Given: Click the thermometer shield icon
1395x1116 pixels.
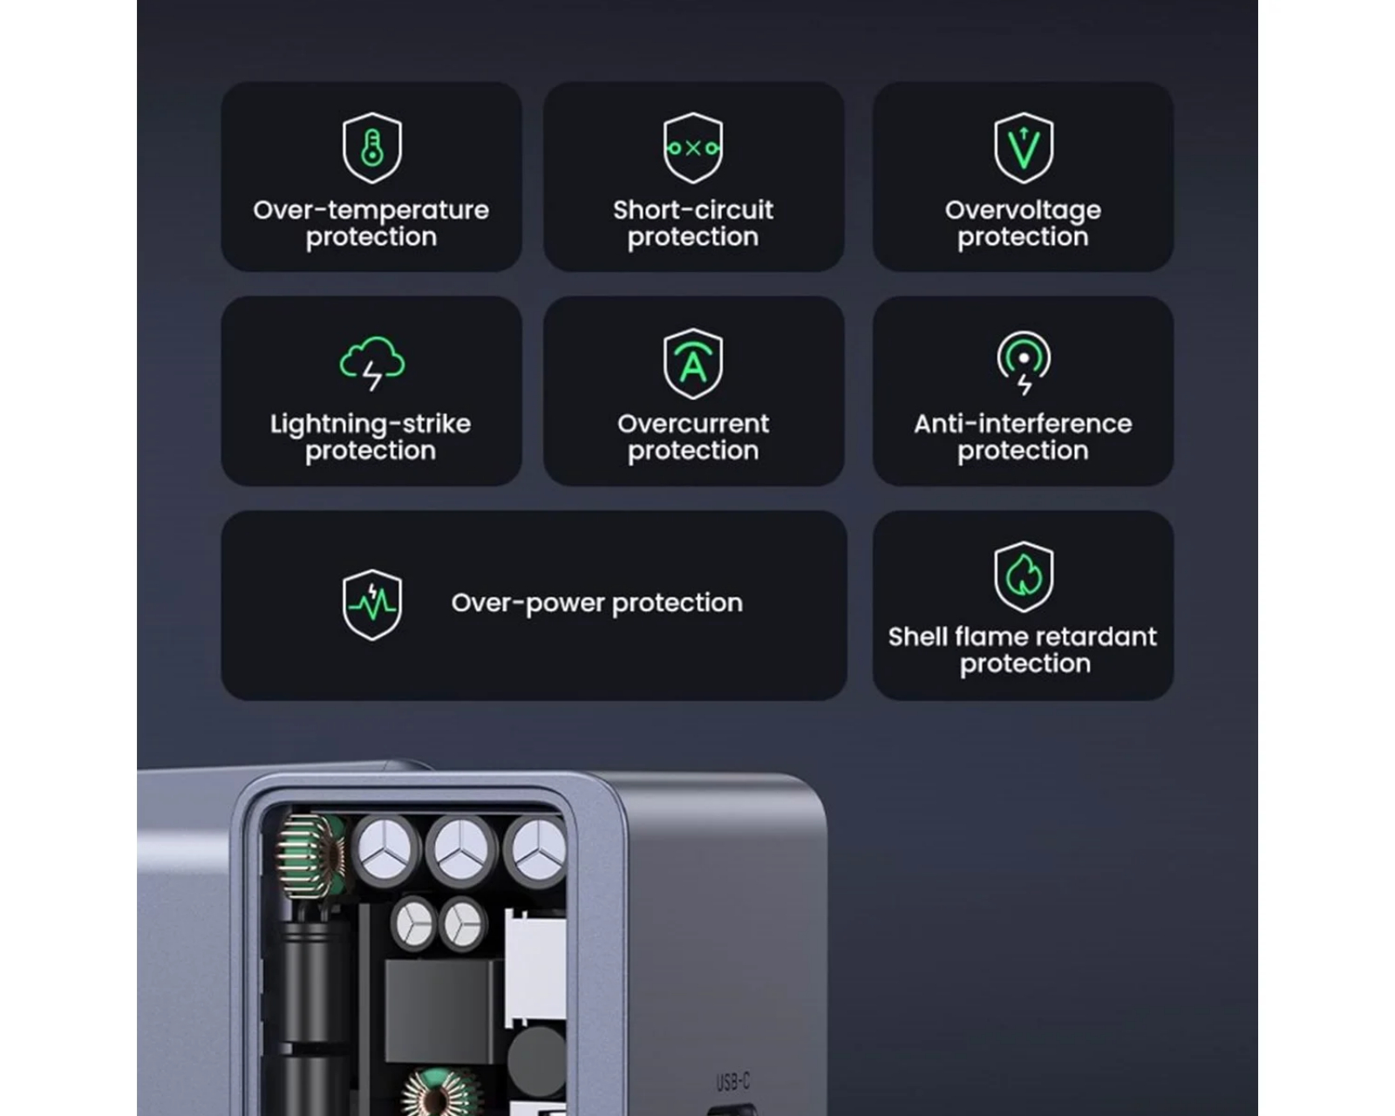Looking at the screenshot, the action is pos(371,148).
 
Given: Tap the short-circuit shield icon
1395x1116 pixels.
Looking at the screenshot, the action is pos(693,148).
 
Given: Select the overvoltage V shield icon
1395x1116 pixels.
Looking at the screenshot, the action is pos(1024,148).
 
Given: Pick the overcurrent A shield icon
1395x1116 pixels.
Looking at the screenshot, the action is pos(693,364).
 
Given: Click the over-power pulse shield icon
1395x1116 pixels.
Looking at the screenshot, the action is pos(371,604).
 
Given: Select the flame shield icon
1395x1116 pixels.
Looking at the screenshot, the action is pos(1024,576).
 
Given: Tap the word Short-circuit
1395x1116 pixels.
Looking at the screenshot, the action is pos(693,210).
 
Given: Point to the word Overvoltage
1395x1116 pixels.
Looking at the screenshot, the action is pos(1023,211).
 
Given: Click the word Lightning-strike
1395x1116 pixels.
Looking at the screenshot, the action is pos(371,425).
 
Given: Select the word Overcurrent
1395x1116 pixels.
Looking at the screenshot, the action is pos(693,424).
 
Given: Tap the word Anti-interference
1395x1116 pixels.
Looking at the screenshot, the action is pos(1023,424).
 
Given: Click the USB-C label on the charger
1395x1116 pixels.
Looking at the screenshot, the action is pos(732,1082).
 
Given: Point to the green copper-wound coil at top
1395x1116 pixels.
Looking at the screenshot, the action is pos(310,856).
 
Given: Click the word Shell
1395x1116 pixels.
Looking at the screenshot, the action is pos(916,636).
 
